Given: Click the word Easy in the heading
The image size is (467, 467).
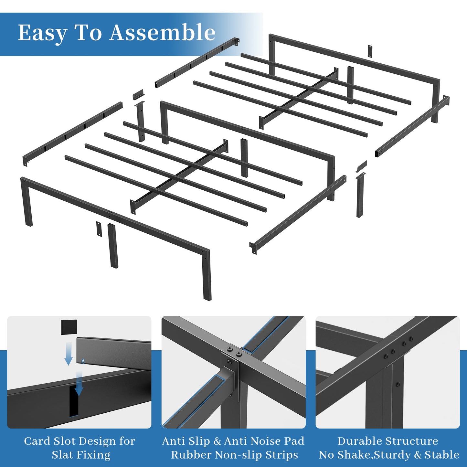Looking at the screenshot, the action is pyautogui.click(x=42, y=33).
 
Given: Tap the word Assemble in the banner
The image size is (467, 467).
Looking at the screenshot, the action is pyautogui.click(x=162, y=32).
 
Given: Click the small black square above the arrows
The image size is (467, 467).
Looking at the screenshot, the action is pyautogui.click(x=69, y=327).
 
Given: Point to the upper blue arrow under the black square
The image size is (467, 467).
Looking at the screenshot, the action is pyautogui.click(x=69, y=354).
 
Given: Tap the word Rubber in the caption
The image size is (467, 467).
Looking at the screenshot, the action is pyautogui.click(x=191, y=455).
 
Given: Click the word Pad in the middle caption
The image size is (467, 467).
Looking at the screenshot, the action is pyautogui.click(x=295, y=441).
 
